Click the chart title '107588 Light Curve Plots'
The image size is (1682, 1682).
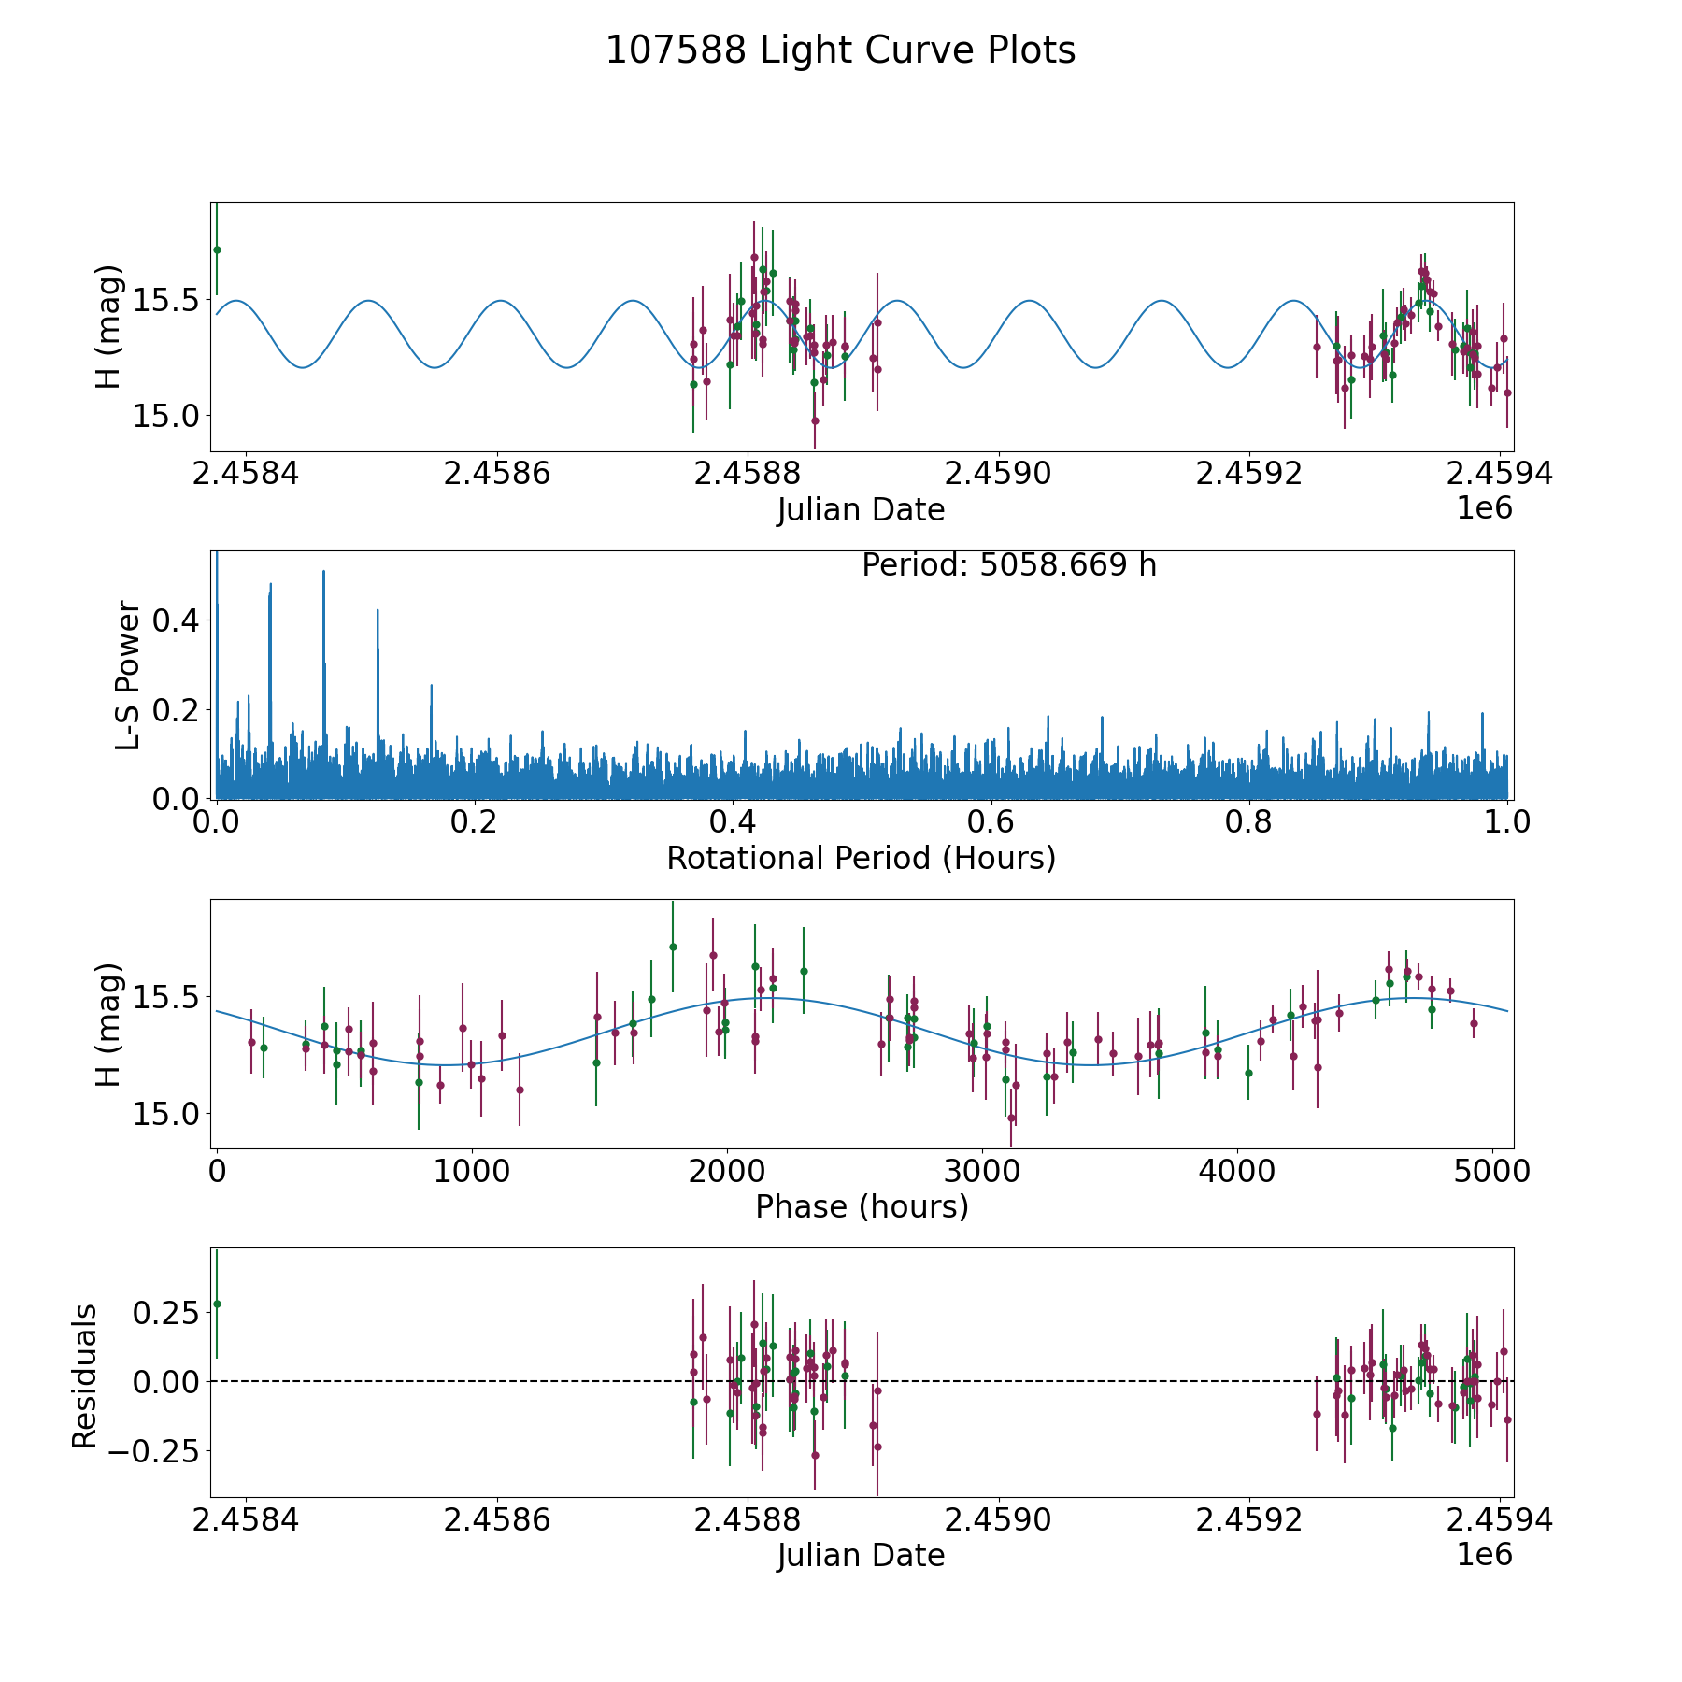click(840, 50)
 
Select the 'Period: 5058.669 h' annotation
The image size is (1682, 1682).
click(1009, 565)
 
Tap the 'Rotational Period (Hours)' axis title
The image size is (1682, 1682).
click(861, 858)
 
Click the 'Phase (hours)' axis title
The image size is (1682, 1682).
click(861, 1206)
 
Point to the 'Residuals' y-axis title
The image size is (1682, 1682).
click(84, 1376)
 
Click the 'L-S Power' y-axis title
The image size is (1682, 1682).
click(128, 675)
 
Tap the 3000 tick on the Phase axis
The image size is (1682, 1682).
click(981, 1172)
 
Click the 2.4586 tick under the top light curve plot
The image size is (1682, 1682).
click(496, 474)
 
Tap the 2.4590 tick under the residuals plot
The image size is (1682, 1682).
click(998, 1520)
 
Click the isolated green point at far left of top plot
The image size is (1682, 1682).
click(217, 249)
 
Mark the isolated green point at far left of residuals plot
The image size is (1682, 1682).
click(217, 1304)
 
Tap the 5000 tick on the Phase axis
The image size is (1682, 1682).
click(1491, 1172)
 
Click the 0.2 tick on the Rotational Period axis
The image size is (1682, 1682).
click(475, 823)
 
